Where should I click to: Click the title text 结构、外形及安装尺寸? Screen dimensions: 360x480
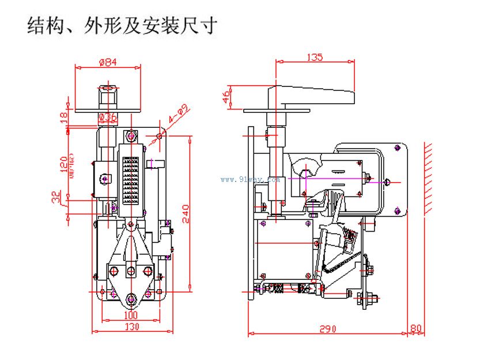[122, 26]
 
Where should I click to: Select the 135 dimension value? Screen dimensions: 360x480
[314, 56]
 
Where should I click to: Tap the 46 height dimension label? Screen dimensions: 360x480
[226, 96]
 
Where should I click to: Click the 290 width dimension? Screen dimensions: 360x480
[327, 329]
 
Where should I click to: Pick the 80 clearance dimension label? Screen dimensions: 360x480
[415, 329]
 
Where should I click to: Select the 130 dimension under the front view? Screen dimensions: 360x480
[131, 327]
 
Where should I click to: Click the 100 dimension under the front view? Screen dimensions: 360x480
[131, 316]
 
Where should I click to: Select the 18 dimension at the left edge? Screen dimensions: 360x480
[64, 116]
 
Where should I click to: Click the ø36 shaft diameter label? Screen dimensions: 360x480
[108, 118]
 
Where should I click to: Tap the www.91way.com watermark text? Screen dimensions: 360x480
[250, 179]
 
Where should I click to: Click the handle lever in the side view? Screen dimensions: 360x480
[311, 94]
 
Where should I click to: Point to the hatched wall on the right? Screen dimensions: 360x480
[429, 179]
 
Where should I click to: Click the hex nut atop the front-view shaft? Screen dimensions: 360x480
[108, 93]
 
